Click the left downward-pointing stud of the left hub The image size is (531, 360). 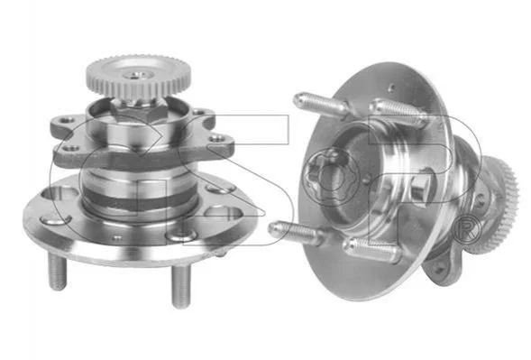tap(57, 272)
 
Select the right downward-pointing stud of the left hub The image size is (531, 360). tap(180, 286)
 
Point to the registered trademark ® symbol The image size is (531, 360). tap(466, 232)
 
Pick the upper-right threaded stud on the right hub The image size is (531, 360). tap(397, 113)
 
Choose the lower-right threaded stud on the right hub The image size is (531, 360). tap(372, 250)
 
